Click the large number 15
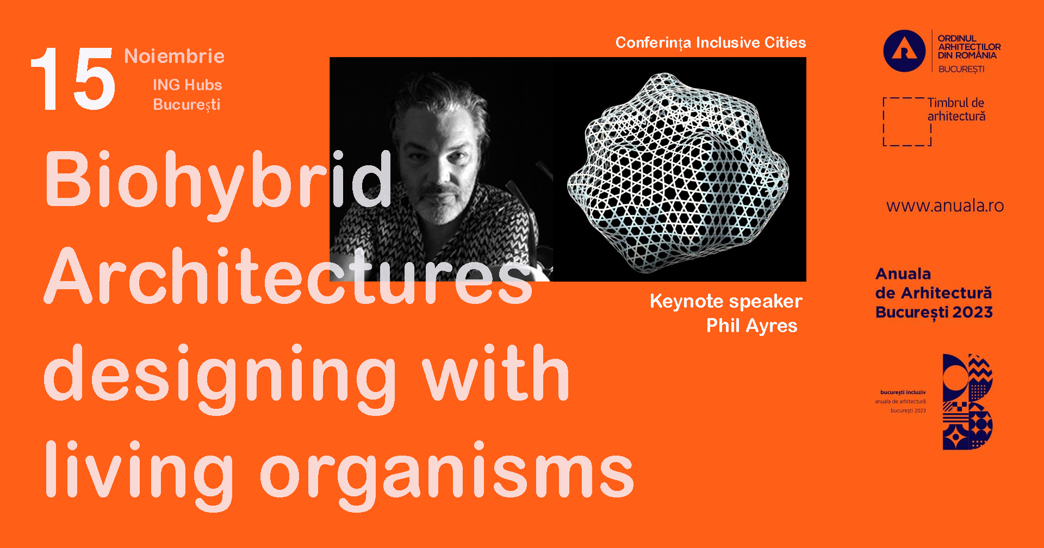tap(73, 79)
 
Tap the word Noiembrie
tap(174, 56)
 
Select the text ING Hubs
tap(187, 85)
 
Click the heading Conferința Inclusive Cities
tap(710, 42)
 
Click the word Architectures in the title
tap(288, 277)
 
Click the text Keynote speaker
tap(726, 301)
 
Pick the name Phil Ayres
tap(751, 326)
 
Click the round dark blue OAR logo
tap(904, 51)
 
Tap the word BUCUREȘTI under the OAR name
tap(961, 69)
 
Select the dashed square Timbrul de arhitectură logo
tap(907, 122)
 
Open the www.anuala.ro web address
tap(944, 205)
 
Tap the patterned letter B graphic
tap(968, 402)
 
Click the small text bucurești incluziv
tap(903, 392)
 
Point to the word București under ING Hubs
tap(187, 104)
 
